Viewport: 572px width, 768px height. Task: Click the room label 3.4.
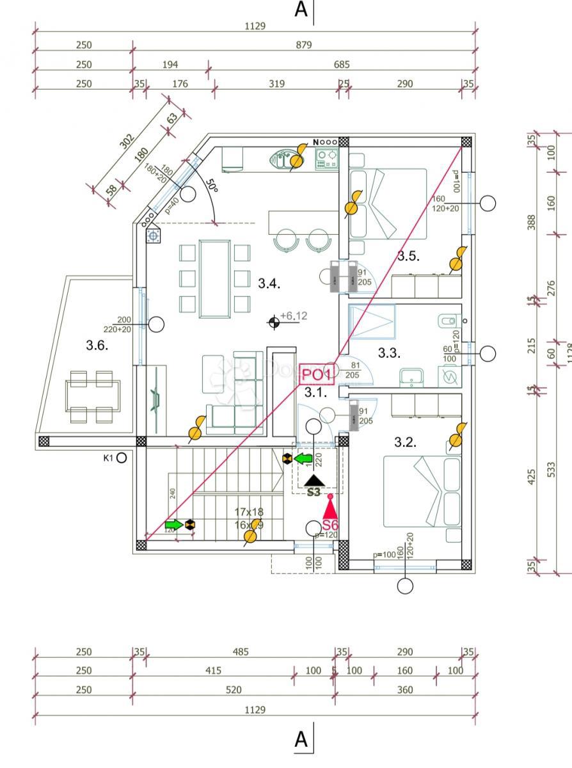(269, 283)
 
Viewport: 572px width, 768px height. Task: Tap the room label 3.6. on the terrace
(97, 346)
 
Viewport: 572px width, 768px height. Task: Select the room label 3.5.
(408, 257)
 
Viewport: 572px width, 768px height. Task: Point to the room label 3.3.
(388, 353)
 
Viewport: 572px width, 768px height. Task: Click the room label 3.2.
(405, 442)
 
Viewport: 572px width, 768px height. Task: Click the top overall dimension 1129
(255, 26)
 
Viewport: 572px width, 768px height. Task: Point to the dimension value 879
(304, 45)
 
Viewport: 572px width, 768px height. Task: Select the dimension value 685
(341, 64)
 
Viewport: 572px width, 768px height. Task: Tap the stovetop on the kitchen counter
(326, 158)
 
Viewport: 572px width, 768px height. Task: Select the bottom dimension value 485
(241, 652)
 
